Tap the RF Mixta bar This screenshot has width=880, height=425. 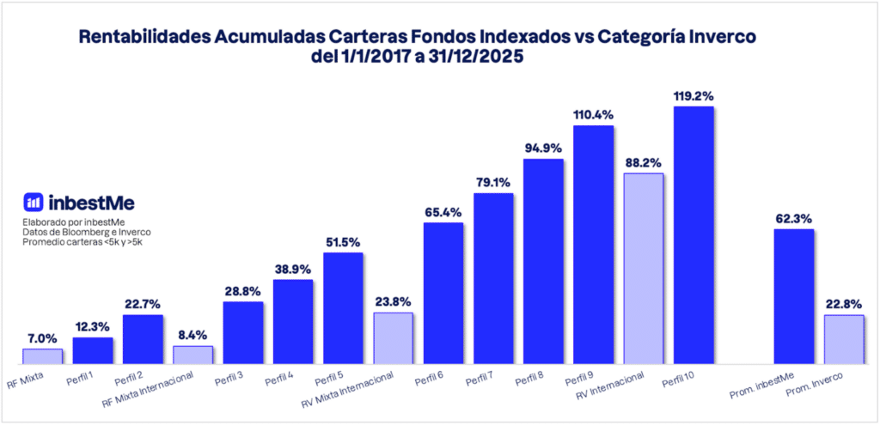point(42,355)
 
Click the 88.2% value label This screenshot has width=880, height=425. point(643,161)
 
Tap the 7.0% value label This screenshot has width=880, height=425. point(42,337)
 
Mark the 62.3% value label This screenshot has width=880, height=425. point(794,217)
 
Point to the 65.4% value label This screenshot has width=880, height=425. point(443,211)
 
